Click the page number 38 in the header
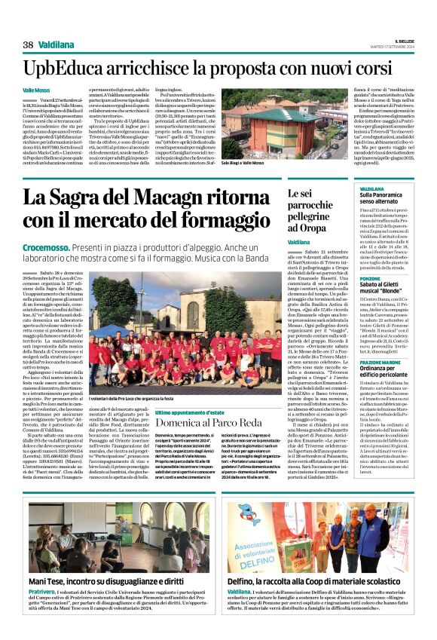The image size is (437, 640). click(x=28, y=45)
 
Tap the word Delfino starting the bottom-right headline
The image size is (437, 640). click(x=244, y=582)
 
